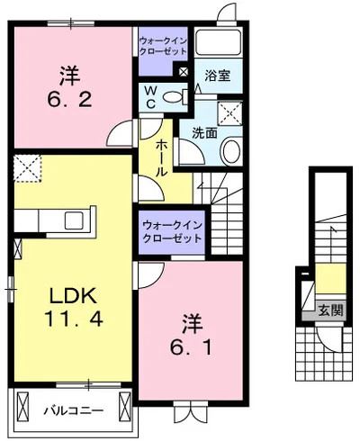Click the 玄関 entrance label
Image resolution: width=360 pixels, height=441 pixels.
pos(329,310)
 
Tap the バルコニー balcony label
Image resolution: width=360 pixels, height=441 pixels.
pos(73,411)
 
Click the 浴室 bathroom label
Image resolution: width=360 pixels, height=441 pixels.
pos(218,76)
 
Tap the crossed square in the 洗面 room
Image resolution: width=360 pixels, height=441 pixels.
pos(231,112)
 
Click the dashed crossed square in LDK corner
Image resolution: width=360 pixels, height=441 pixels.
pos(28,167)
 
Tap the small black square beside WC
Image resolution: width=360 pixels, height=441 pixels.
pos(184,71)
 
